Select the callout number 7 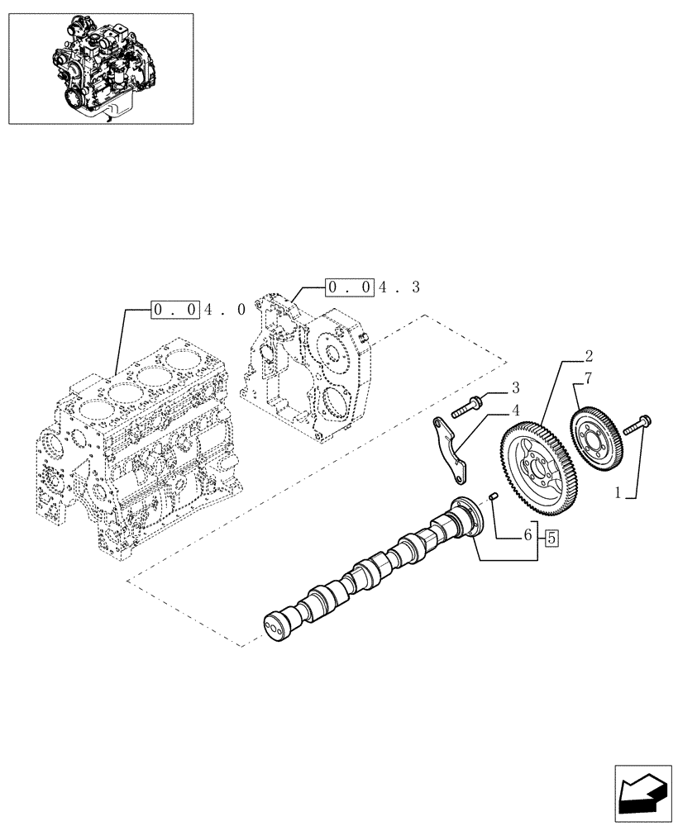coord(588,379)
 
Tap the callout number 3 coord(514,387)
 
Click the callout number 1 coord(619,494)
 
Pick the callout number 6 coord(527,536)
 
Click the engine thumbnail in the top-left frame coord(100,69)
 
